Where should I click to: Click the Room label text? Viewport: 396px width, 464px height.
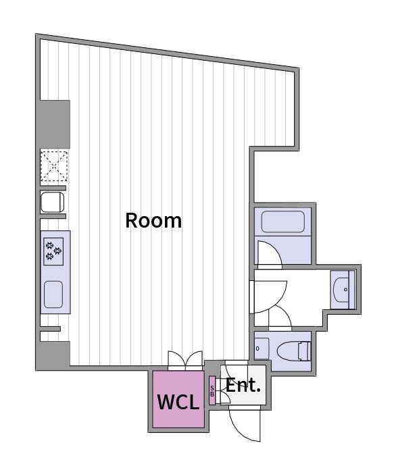click(153, 220)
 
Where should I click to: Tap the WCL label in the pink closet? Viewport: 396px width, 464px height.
click(178, 402)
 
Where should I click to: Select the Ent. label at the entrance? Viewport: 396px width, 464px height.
click(243, 385)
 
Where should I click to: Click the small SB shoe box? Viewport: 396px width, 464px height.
click(212, 390)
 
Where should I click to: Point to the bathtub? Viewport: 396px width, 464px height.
click(283, 222)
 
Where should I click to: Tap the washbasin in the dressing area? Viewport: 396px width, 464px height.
click(342, 290)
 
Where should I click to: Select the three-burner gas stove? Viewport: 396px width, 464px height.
click(53, 251)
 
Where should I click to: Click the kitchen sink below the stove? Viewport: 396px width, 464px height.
click(53, 294)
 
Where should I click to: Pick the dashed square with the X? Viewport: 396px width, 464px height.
click(54, 165)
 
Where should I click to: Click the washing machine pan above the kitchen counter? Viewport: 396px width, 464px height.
click(53, 202)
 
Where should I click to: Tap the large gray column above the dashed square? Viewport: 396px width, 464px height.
click(53, 124)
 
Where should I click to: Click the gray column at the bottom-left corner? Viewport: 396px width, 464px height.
click(53, 355)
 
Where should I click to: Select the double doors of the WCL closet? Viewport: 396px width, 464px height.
click(185, 361)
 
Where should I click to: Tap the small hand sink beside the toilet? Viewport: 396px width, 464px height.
click(262, 349)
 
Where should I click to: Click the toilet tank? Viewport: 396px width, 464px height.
click(305, 351)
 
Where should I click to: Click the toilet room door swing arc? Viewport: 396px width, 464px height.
click(280, 317)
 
